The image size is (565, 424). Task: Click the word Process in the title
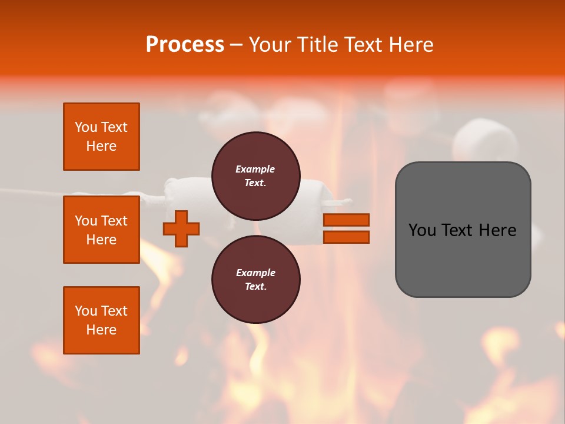click(185, 45)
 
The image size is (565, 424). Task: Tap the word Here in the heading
click(410, 45)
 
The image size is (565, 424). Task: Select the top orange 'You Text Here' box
click(101, 137)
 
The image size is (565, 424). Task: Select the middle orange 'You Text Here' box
click(101, 230)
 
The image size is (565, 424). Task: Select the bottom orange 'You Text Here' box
click(101, 320)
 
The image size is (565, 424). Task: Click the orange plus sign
click(181, 228)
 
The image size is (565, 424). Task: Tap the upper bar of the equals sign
click(346, 220)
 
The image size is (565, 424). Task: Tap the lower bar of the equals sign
click(346, 237)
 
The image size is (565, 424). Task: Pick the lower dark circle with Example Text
click(255, 279)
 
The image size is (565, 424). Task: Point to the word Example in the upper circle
click(255, 169)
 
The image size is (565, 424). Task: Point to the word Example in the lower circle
click(255, 273)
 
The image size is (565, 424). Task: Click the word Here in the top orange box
click(101, 146)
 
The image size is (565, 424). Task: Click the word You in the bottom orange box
click(86, 311)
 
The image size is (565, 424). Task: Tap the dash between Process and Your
click(237, 45)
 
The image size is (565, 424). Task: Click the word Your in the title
click(270, 45)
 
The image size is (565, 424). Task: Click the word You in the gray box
click(422, 230)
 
